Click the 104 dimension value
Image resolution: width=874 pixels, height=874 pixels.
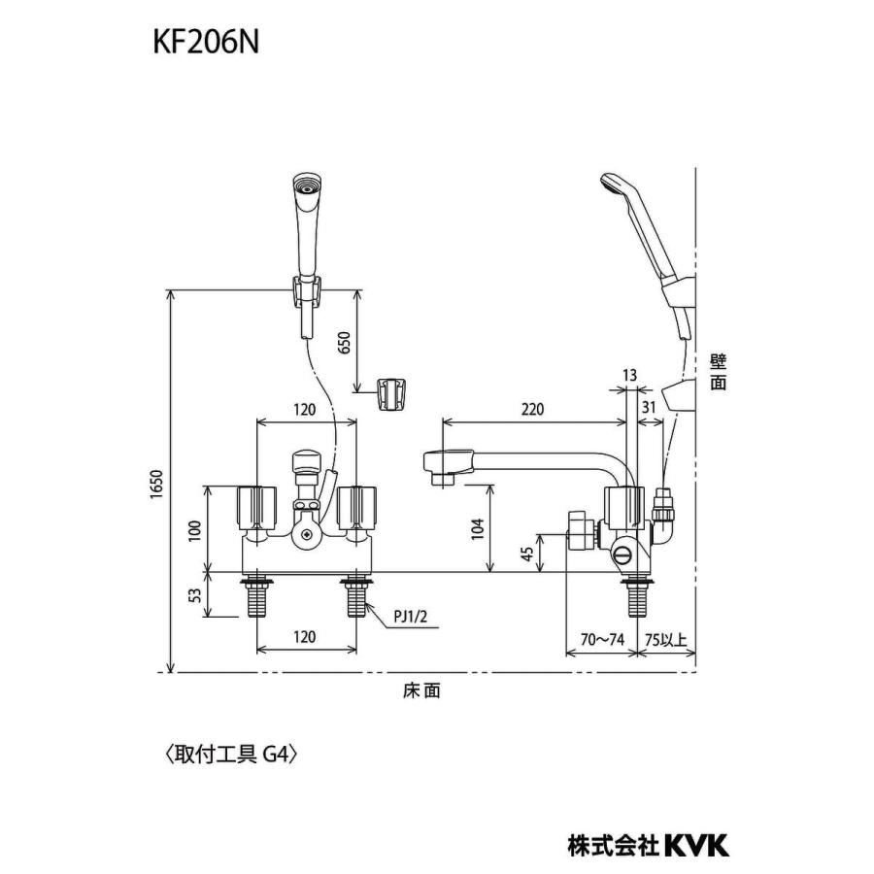(x=477, y=529)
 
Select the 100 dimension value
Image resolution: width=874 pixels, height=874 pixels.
(x=195, y=529)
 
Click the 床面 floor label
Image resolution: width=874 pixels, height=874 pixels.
(x=421, y=690)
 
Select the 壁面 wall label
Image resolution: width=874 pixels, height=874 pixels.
(x=718, y=371)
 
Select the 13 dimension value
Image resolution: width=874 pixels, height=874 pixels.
(x=630, y=375)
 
